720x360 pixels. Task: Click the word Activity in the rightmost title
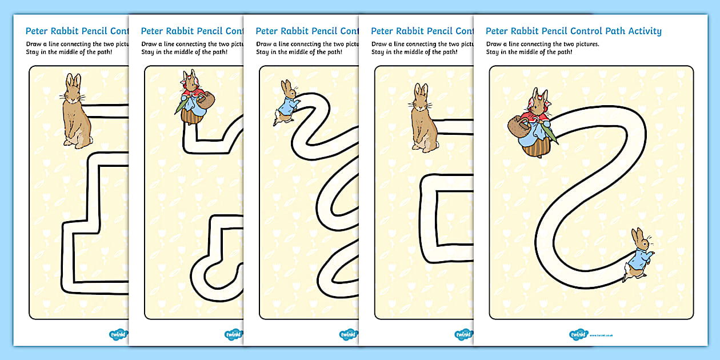tap(641, 31)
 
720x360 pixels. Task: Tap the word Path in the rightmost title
tap(606, 31)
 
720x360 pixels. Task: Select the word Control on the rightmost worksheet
tap(574, 31)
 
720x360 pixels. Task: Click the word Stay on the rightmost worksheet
tap(493, 52)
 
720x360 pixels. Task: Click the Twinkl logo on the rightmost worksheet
tap(579, 334)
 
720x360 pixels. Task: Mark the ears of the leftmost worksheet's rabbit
tap(72, 81)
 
